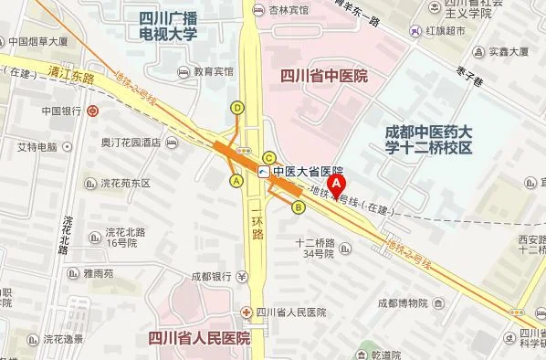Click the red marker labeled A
coord(337,184)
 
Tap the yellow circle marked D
coord(238,107)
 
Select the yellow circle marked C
coord(269,157)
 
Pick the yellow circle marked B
coord(298,206)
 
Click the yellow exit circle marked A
coord(237,181)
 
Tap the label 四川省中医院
coord(324,77)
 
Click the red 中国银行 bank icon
coord(93,112)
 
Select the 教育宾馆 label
coord(215,69)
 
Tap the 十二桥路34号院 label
coord(316,249)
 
